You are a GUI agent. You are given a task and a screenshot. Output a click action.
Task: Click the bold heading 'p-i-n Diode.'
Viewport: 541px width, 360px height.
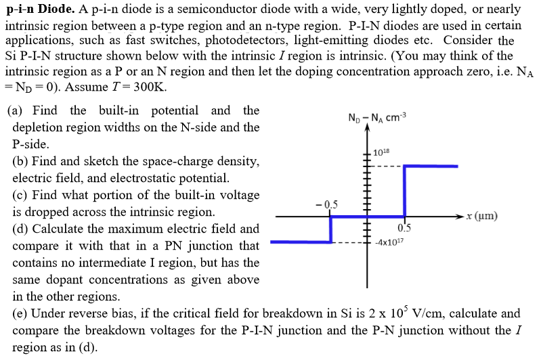[39, 9]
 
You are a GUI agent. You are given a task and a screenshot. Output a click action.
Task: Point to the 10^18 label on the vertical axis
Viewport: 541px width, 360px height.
[382, 154]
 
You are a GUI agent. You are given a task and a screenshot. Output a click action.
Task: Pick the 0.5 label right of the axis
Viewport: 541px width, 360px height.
[404, 228]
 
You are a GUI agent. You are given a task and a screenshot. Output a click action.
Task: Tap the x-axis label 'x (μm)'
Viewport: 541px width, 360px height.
[482, 217]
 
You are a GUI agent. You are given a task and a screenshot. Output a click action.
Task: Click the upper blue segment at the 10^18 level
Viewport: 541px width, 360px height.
[431, 165]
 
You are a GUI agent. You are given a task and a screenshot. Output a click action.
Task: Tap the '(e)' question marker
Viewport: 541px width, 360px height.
[20, 314]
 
